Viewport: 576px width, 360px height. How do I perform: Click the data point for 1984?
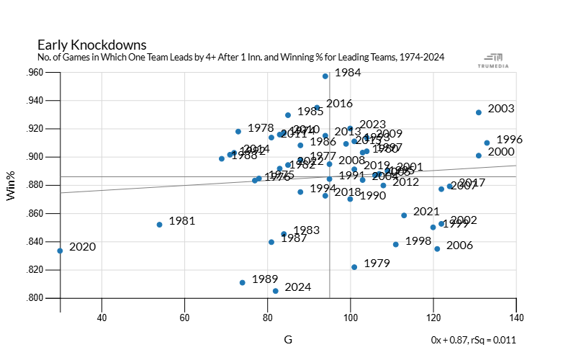[x=325, y=76]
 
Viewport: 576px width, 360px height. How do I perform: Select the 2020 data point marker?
[x=60, y=251]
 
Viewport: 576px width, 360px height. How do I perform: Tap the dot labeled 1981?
[x=160, y=225]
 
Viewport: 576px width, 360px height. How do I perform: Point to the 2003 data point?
[x=479, y=112]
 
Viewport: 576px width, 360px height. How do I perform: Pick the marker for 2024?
[x=276, y=291]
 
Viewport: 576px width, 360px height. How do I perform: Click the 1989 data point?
[x=243, y=282]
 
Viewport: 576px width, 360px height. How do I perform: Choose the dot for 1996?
[x=487, y=143]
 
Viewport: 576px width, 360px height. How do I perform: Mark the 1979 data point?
[x=354, y=267]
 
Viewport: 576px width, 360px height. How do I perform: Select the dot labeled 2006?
[x=437, y=249]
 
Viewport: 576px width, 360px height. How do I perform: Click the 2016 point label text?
[x=339, y=104]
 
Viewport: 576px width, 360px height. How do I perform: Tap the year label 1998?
[x=418, y=241]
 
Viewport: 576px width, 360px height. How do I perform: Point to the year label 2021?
[x=426, y=212]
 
